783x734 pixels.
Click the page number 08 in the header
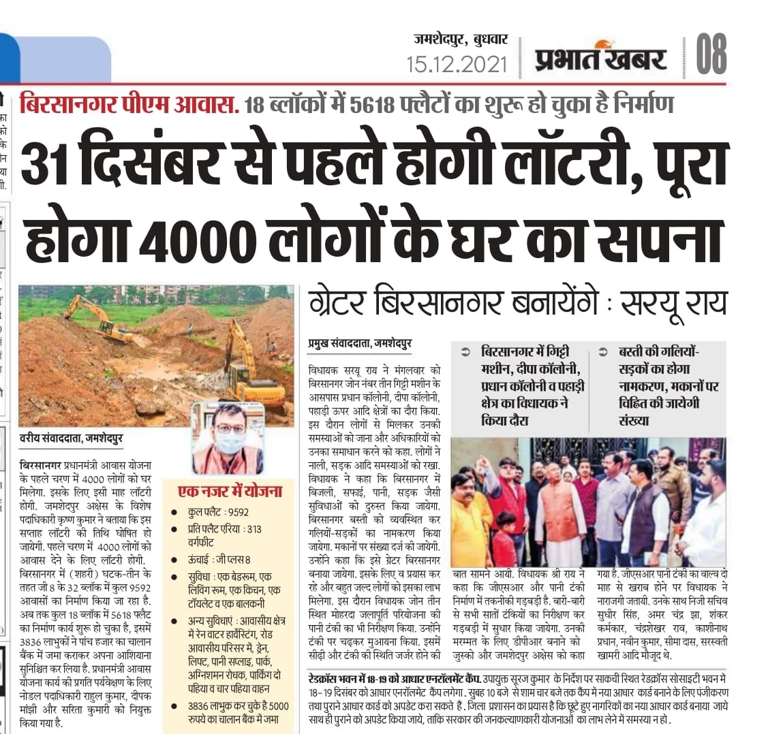[711, 54]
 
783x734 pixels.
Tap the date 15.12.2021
[457, 65]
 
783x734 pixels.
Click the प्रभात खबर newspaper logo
[600, 58]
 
